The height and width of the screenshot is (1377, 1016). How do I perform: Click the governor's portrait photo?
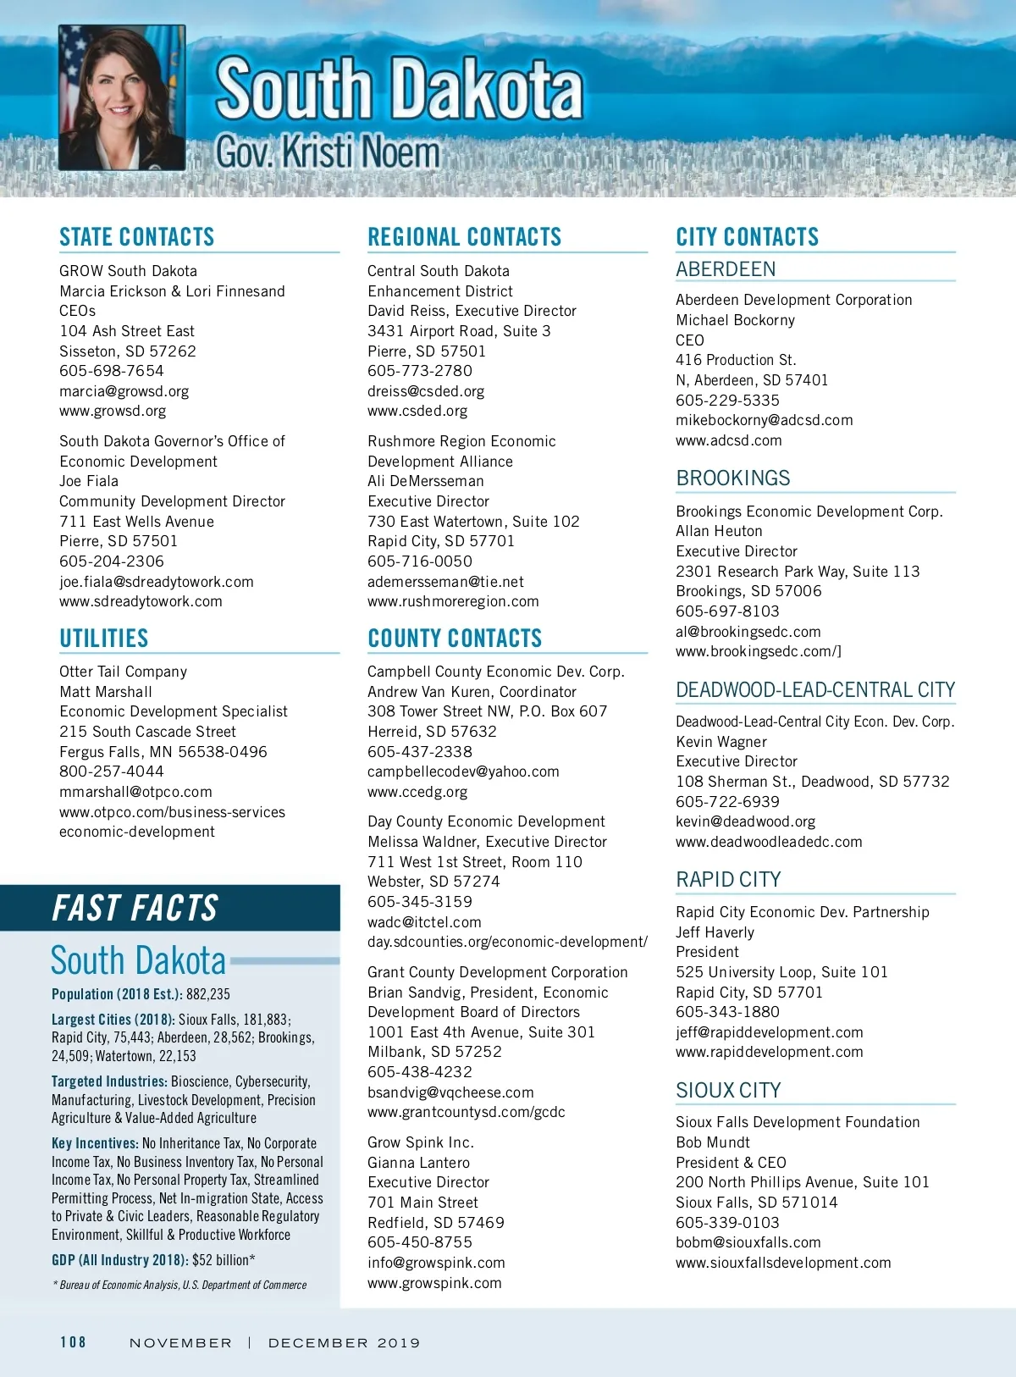click(122, 97)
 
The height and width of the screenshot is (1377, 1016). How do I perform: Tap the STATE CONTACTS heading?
click(137, 237)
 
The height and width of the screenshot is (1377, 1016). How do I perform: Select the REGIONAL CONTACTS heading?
click(465, 237)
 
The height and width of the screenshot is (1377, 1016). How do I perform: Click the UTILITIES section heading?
click(104, 639)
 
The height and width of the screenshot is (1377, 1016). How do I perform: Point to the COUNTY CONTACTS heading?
click(455, 639)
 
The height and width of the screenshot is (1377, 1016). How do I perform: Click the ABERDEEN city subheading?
click(726, 269)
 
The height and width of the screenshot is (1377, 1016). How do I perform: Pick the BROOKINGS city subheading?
click(733, 478)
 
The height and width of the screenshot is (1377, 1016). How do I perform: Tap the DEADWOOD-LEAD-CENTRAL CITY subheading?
click(815, 690)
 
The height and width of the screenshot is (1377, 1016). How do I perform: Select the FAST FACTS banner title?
click(135, 908)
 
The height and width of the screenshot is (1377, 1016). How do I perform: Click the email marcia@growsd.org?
click(124, 391)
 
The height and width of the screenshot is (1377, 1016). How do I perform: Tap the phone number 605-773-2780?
click(420, 371)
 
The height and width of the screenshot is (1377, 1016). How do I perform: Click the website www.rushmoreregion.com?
click(453, 601)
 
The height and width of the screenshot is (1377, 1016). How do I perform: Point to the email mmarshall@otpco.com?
click(135, 792)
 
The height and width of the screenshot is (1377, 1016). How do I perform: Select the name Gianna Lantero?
click(418, 1163)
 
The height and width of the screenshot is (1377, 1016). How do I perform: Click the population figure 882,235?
click(208, 994)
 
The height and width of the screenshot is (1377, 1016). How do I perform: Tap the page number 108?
click(73, 1342)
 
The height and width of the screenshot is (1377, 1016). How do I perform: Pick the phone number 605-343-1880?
click(727, 1012)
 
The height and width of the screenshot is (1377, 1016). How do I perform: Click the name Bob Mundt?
click(713, 1142)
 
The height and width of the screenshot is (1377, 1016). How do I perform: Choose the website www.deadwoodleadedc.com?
click(769, 842)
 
